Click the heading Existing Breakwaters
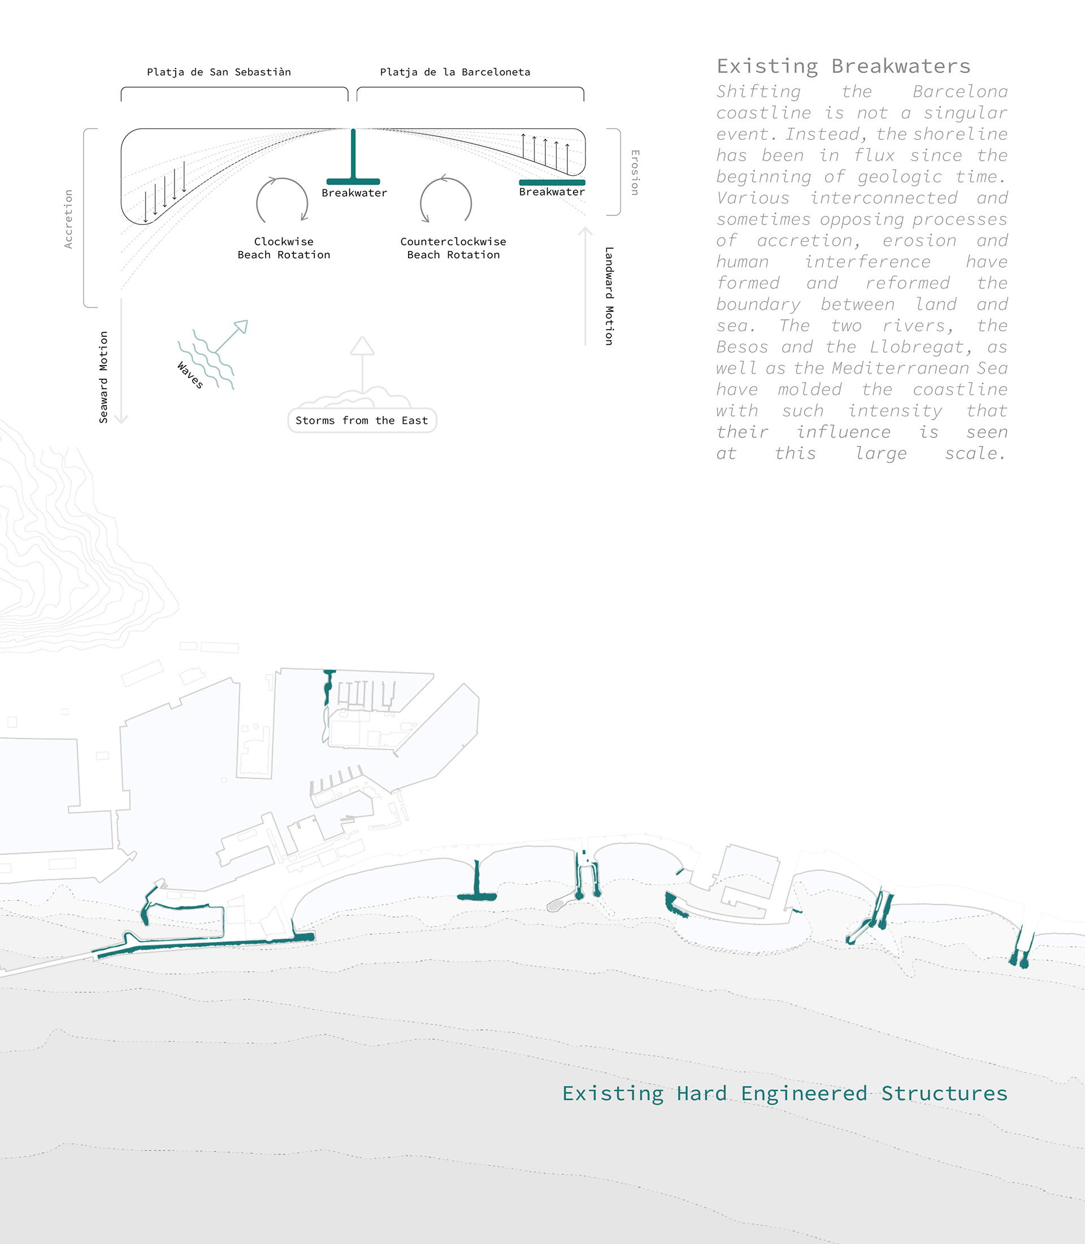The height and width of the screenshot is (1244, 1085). tap(843, 66)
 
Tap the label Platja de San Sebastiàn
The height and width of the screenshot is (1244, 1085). tap(219, 72)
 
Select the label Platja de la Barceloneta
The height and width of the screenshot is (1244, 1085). tap(455, 72)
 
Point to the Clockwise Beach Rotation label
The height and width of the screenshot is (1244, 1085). tap(283, 248)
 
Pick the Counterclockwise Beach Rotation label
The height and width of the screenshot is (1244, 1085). tap(453, 248)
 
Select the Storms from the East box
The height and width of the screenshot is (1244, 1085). tap(362, 421)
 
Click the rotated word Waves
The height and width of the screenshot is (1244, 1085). tap(190, 375)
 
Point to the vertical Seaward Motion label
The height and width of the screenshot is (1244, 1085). tap(103, 377)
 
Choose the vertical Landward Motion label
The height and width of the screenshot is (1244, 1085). tap(609, 296)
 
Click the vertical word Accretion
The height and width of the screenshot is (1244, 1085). tap(68, 219)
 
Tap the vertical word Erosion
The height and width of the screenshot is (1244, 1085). tap(635, 172)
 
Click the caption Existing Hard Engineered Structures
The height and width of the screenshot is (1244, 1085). tap(785, 1093)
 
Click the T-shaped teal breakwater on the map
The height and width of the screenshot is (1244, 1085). tap(476, 888)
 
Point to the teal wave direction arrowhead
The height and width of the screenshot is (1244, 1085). tap(242, 327)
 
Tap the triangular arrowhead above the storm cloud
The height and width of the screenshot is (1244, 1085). tap(362, 346)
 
